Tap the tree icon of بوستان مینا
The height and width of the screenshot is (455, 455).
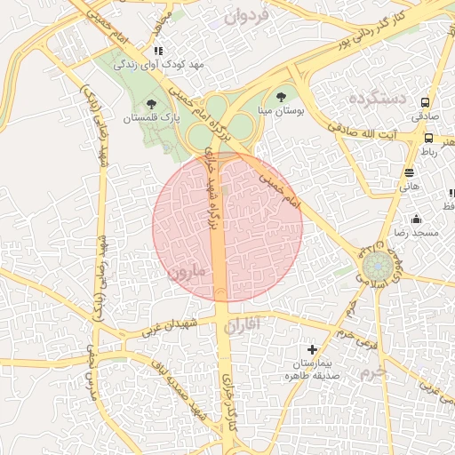(x=282, y=95)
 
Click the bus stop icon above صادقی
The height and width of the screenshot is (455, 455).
(x=426, y=102)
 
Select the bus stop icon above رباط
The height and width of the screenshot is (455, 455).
(x=428, y=138)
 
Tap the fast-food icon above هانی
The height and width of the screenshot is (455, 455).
(x=409, y=172)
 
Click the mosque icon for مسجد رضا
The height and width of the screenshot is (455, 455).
(x=417, y=219)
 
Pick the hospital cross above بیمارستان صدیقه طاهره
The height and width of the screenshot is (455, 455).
(x=311, y=351)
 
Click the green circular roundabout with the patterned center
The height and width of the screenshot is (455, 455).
(x=374, y=265)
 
